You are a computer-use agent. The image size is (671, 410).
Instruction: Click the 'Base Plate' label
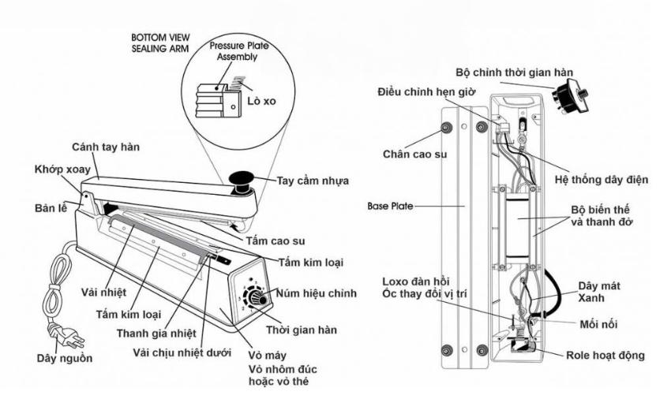(x=388, y=204)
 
